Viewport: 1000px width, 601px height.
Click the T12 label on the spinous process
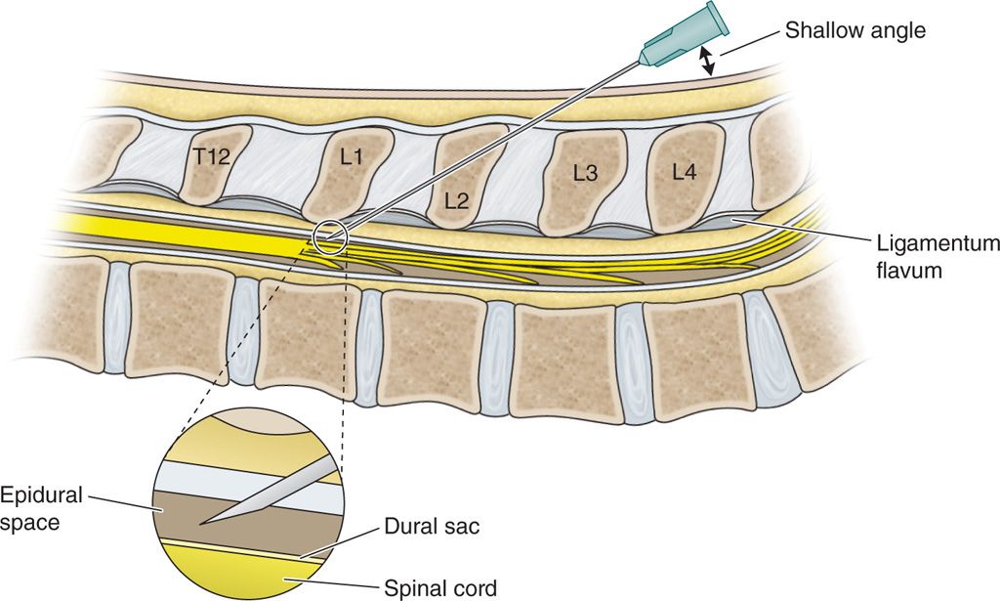click(211, 156)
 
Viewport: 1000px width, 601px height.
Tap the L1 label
click(351, 155)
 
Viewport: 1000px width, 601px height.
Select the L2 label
click(456, 202)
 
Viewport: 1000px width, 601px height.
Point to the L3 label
click(586, 173)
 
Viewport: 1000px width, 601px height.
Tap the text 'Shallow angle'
click(854, 31)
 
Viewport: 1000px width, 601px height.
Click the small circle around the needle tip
click(329, 236)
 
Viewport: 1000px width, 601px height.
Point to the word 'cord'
click(476, 587)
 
